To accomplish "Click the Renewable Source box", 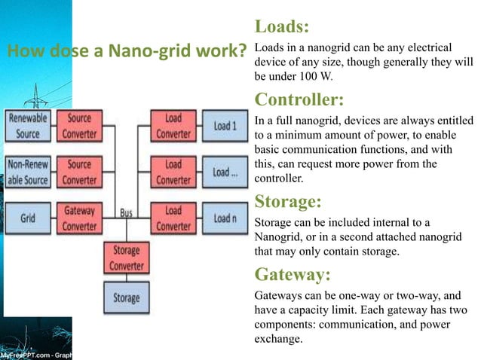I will (28, 126).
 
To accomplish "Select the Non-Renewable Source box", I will (28, 172).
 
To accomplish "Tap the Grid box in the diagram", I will (28, 218).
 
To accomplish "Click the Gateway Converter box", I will (79, 218).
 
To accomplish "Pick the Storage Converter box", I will (126, 258).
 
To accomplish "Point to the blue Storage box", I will (126, 297).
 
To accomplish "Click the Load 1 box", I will (225, 126).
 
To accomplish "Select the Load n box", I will (225, 218).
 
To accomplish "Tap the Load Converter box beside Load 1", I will (173, 126).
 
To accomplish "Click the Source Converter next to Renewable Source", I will (79, 126).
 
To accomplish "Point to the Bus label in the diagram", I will (126, 213).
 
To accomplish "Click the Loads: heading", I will (282, 28).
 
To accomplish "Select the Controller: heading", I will (299, 99).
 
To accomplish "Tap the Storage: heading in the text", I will (288, 202).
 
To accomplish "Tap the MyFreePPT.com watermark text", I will (30, 354).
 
